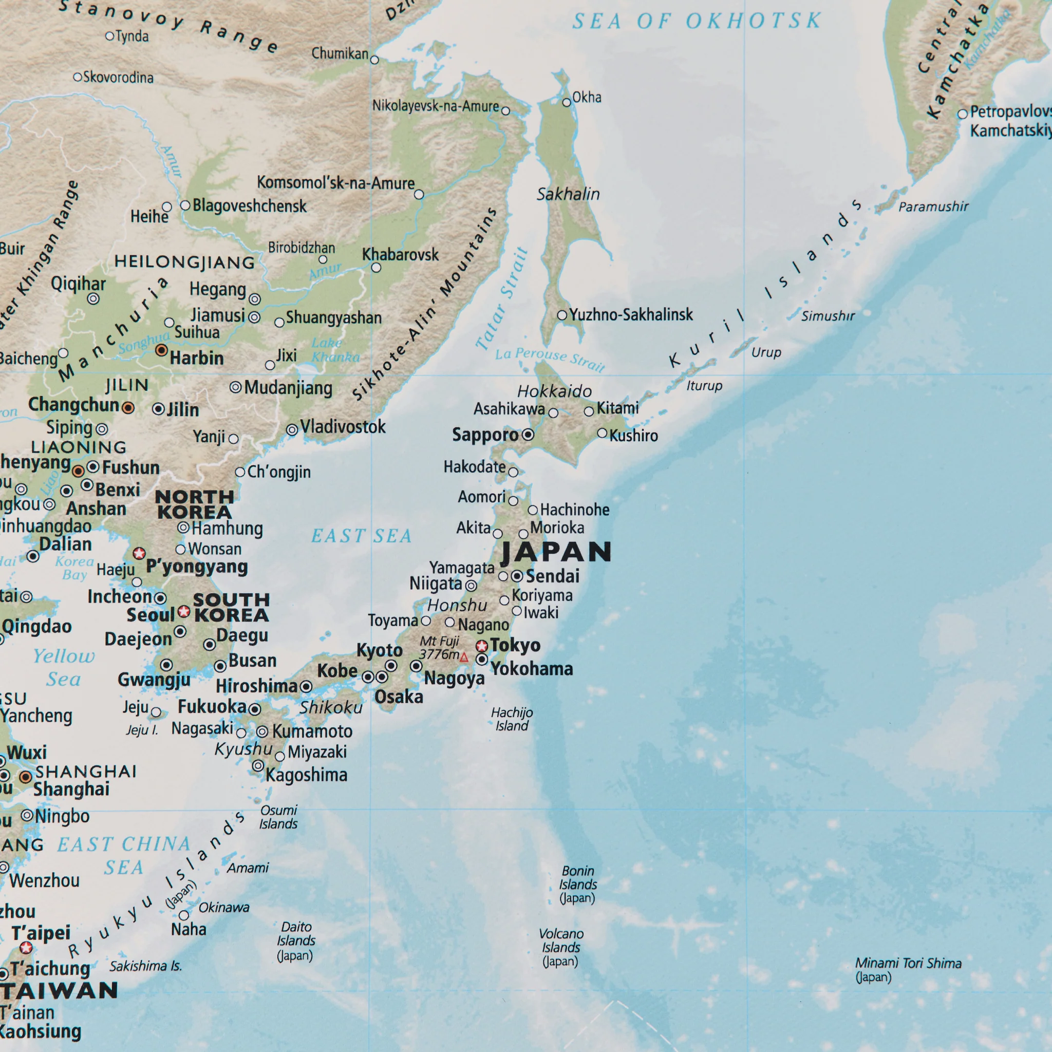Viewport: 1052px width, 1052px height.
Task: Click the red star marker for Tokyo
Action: [x=482, y=646]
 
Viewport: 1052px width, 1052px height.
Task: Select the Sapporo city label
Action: [x=485, y=435]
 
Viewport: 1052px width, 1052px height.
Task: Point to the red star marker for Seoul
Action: [x=184, y=611]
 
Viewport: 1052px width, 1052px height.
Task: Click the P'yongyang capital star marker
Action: [x=139, y=553]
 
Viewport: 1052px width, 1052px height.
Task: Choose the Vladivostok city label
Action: [x=343, y=427]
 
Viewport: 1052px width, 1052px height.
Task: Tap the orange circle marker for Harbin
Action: [x=162, y=350]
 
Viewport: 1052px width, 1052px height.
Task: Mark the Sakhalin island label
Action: [x=568, y=194]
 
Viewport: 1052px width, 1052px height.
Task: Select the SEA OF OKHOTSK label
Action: [x=697, y=21]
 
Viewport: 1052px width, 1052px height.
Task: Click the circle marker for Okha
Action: [x=566, y=102]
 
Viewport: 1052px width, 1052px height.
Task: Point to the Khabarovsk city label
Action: [x=400, y=254]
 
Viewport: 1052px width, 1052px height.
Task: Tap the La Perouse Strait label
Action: [x=550, y=359]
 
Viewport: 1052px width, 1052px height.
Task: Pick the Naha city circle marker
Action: [x=184, y=915]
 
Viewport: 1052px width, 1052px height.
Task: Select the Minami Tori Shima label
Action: [x=908, y=970]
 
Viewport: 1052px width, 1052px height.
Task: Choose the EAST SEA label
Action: [x=361, y=536]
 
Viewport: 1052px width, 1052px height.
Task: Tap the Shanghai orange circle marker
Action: [x=26, y=777]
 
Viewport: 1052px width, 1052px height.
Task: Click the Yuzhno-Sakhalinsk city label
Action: [x=631, y=315]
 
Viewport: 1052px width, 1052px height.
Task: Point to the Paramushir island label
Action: [x=933, y=206]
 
